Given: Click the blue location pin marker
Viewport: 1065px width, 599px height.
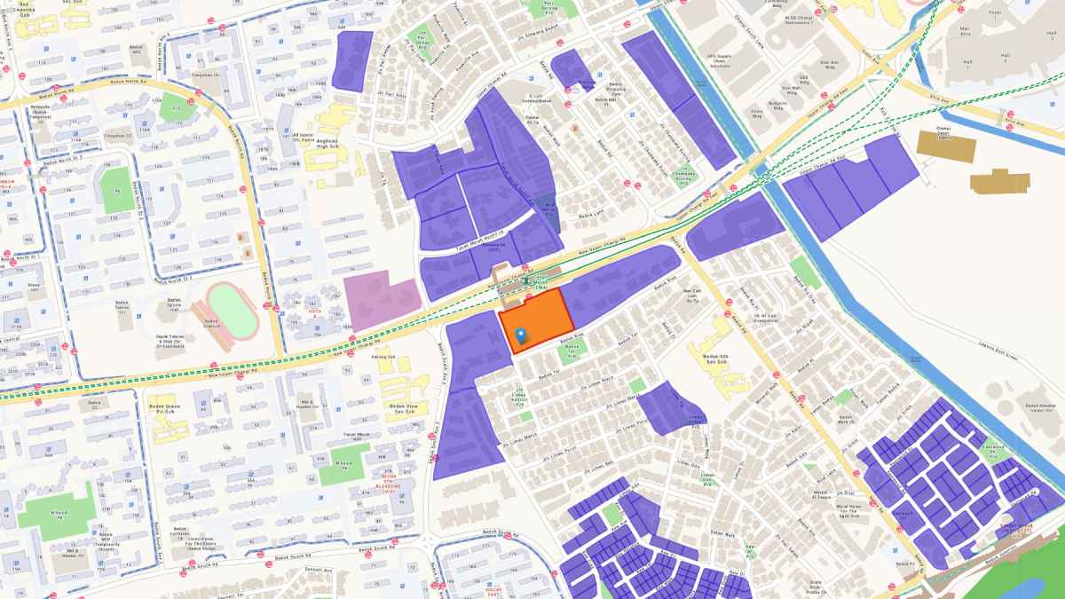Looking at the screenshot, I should [x=522, y=335].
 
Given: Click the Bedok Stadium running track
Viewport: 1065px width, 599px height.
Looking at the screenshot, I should [x=233, y=306].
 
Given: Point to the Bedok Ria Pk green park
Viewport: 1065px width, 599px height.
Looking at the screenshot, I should [x=806, y=270].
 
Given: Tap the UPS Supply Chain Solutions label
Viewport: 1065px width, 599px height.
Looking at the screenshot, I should [x=720, y=60].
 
